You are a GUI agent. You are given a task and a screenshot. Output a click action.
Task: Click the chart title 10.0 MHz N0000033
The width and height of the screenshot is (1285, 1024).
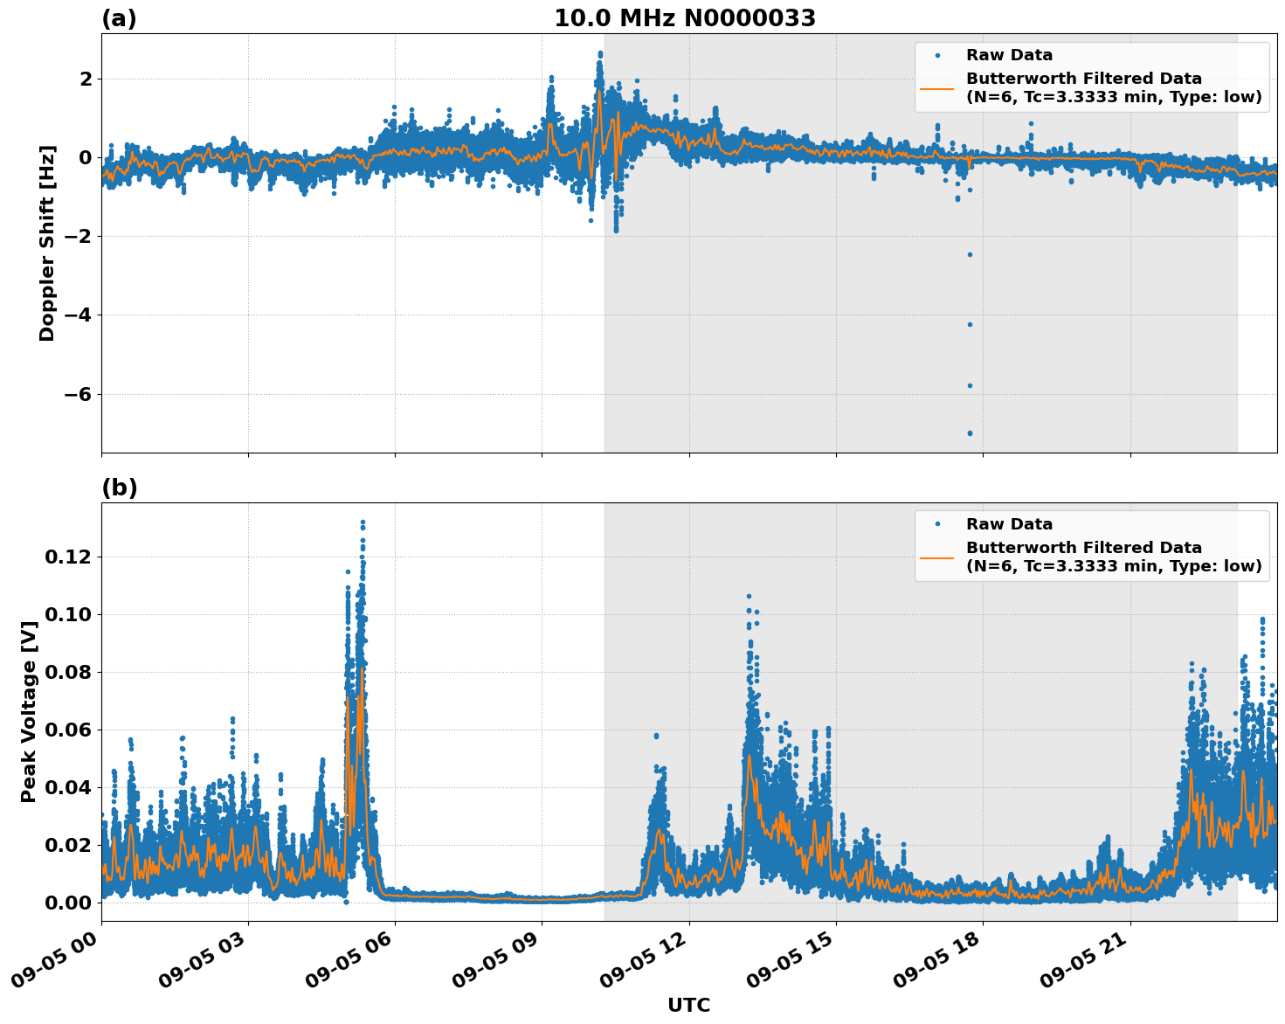click(684, 18)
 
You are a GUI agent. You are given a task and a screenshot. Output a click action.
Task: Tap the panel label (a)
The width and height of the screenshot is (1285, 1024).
click(119, 18)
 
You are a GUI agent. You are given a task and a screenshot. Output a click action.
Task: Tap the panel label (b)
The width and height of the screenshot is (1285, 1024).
click(119, 488)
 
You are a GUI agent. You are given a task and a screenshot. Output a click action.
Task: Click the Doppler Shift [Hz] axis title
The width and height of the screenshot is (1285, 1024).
click(47, 243)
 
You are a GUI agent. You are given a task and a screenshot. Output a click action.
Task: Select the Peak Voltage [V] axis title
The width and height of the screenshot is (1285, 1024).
click(29, 712)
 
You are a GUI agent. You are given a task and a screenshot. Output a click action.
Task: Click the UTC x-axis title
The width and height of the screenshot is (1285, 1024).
click(688, 1005)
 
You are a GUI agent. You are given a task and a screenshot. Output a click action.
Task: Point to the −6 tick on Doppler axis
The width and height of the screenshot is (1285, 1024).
click(77, 394)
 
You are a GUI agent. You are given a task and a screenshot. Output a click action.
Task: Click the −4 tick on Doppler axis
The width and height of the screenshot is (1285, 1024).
click(77, 315)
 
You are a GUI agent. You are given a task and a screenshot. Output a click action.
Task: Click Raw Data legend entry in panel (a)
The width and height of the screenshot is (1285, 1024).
click(1009, 55)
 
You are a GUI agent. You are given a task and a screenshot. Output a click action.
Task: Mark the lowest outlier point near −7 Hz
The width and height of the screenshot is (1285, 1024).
click(970, 433)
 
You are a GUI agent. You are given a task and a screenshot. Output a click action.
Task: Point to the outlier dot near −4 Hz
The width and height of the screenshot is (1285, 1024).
click(970, 324)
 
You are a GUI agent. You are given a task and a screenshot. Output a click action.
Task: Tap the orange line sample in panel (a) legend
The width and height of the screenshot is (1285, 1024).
click(936, 87)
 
